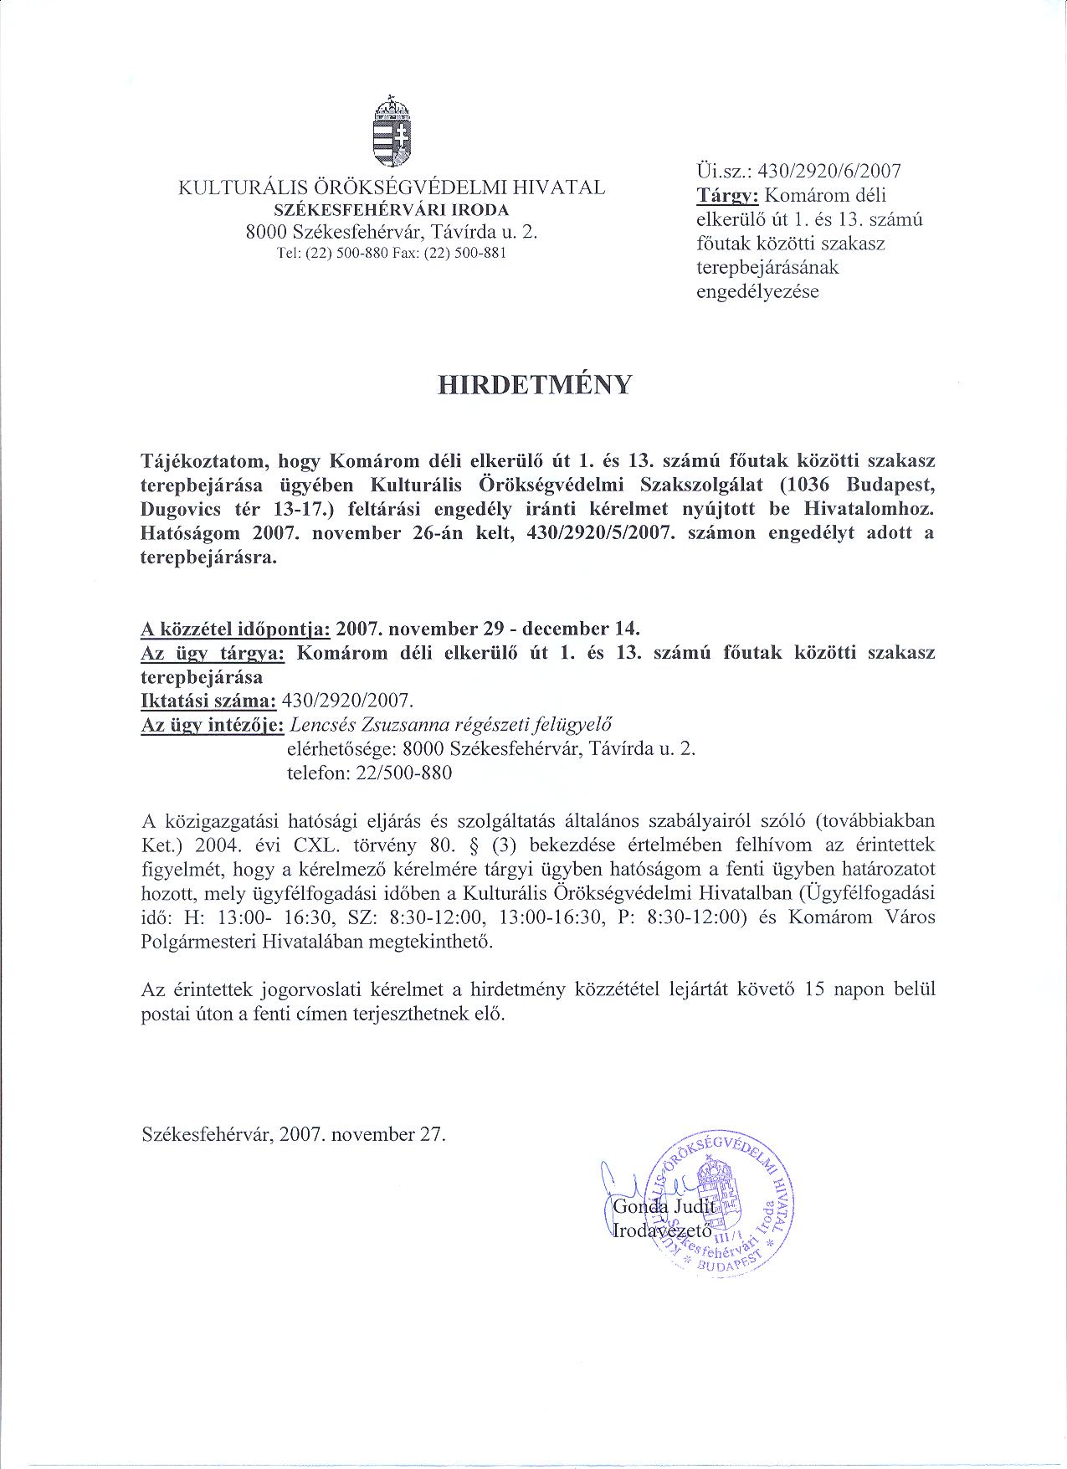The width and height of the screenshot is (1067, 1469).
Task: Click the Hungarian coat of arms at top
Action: click(x=392, y=133)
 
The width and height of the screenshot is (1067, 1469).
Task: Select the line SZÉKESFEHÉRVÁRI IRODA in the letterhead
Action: click(x=392, y=209)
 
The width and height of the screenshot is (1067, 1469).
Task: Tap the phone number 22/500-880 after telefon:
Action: click(x=403, y=773)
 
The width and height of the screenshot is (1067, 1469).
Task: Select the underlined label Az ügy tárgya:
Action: click(x=213, y=653)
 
